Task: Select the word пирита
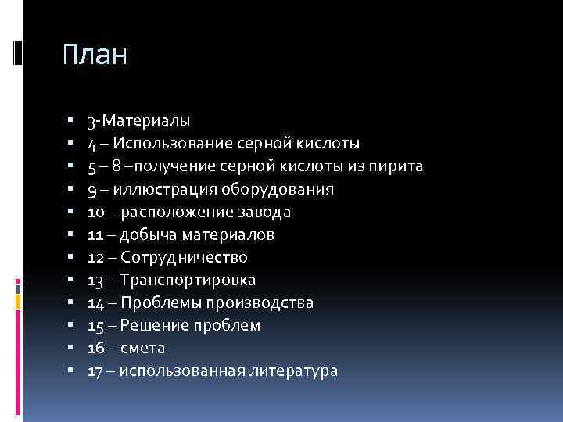click(399, 166)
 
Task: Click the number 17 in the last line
click(95, 370)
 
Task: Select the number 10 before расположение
click(95, 212)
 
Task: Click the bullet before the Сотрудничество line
click(70, 257)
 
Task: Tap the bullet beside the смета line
click(70, 348)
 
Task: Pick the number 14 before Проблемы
click(95, 302)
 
